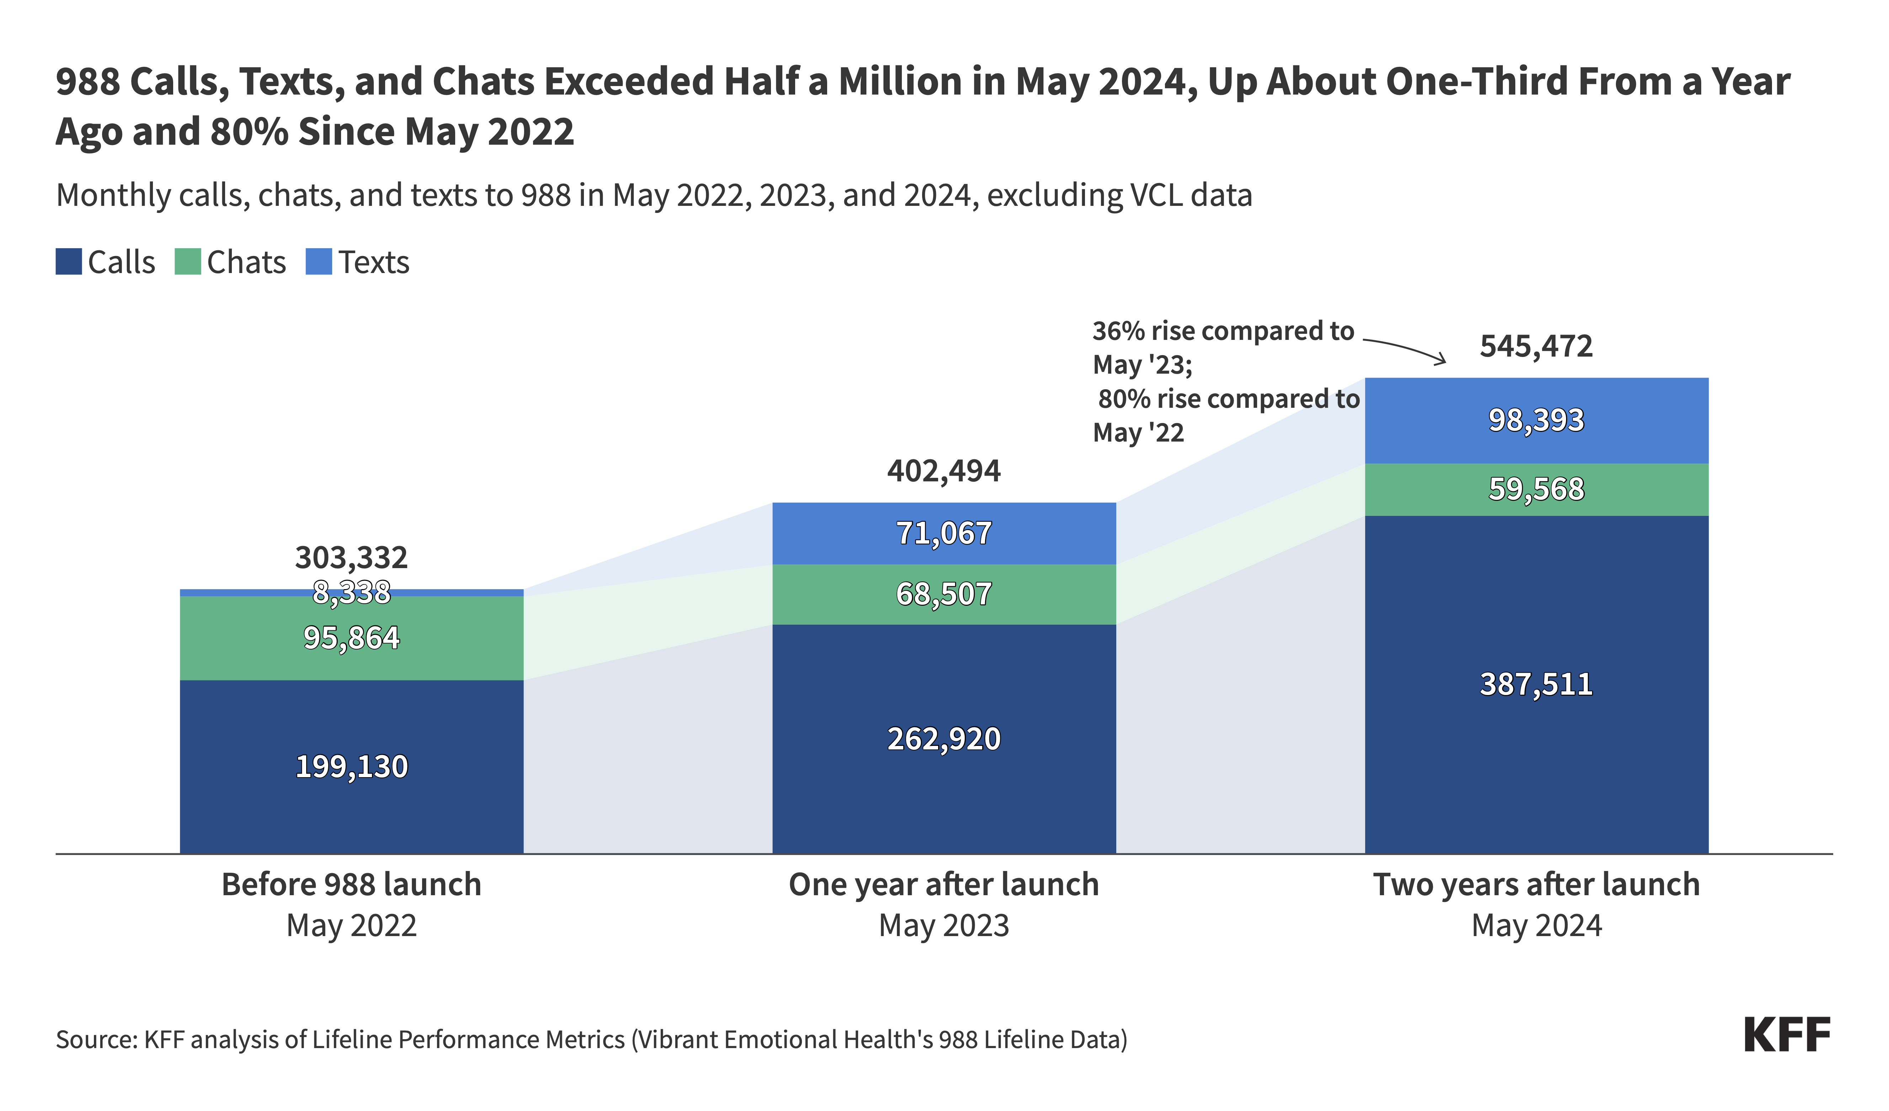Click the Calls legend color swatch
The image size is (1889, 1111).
pos(68,262)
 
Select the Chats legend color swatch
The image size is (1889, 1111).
pos(187,262)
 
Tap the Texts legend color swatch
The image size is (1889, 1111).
pos(319,262)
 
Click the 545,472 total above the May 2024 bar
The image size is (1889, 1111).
pos(1536,346)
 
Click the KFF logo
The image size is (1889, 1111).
pos(1787,1035)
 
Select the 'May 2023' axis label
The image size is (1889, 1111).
pos(944,926)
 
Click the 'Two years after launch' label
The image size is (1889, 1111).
pos(1536,885)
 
